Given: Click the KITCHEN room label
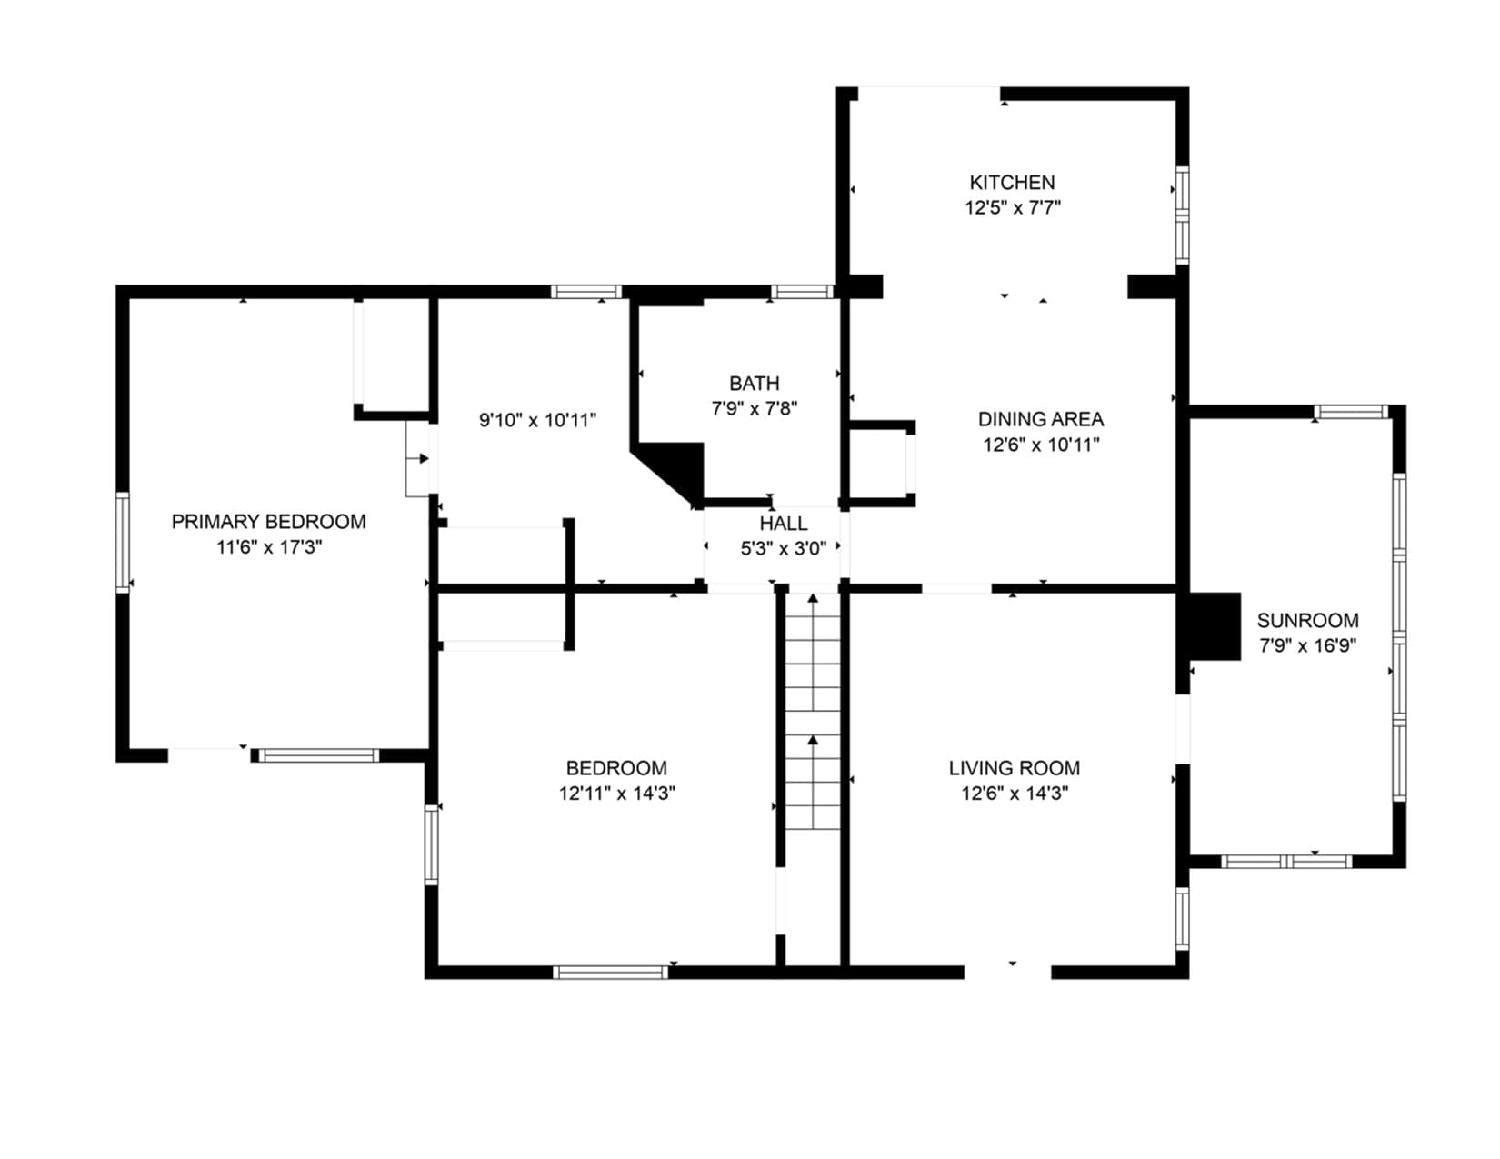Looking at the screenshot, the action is [1011, 182].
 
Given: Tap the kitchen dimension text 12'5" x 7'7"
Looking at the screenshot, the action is [1012, 208].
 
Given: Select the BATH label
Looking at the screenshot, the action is [754, 383].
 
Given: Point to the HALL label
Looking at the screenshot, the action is [784, 524].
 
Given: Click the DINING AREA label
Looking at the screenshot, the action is [1040, 419].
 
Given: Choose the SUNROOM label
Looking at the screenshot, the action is [1307, 621].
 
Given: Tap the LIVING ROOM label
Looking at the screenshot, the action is [1014, 767].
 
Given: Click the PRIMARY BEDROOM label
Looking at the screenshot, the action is [268, 521].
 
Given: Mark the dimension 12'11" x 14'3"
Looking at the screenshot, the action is [616, 794].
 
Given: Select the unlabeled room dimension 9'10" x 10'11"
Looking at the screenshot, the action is [538, 420].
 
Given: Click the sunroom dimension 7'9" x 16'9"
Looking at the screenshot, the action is [1307, 646].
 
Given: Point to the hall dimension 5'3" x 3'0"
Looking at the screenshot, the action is [784, 549].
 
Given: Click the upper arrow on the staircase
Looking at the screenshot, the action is [813, 652].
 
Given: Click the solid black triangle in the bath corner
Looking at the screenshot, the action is [673, 469].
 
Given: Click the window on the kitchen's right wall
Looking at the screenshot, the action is [1182, 215].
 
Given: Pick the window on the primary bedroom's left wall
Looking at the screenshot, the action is [122, 542].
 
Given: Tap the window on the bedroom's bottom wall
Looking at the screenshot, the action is [610, 972].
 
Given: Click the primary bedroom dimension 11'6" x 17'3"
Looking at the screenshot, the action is [269, 546].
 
